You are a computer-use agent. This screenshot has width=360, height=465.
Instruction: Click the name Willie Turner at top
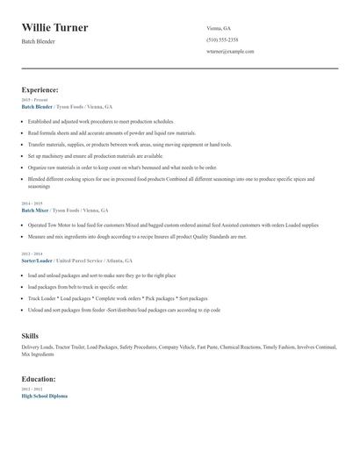54,28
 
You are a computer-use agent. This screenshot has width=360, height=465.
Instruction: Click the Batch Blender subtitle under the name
39,42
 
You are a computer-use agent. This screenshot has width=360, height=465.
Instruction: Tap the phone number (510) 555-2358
222,39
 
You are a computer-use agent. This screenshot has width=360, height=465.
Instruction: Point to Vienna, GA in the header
219,28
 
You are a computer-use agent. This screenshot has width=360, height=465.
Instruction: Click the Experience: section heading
40,89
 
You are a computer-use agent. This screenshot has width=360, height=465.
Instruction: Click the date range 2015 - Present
35,100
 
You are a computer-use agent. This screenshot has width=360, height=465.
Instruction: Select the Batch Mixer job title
35,211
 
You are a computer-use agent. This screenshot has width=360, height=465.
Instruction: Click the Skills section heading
30,336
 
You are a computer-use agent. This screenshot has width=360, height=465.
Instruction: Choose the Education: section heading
39,379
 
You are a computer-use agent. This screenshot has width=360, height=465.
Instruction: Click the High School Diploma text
44,396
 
